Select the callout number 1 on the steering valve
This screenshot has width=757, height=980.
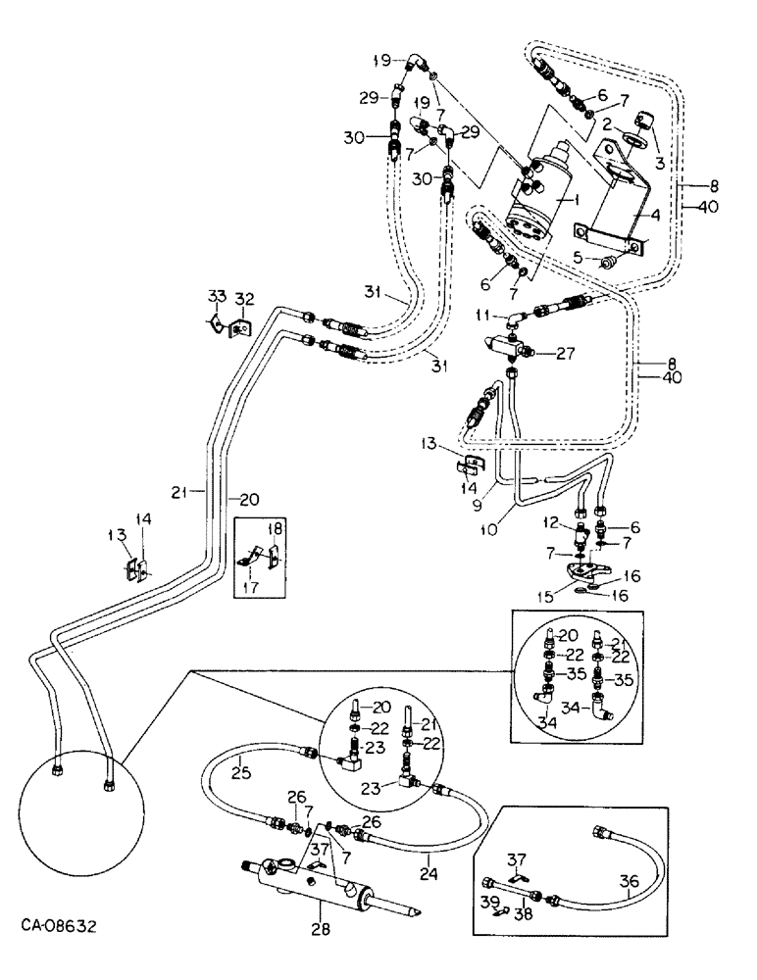(x=580, y=199)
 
